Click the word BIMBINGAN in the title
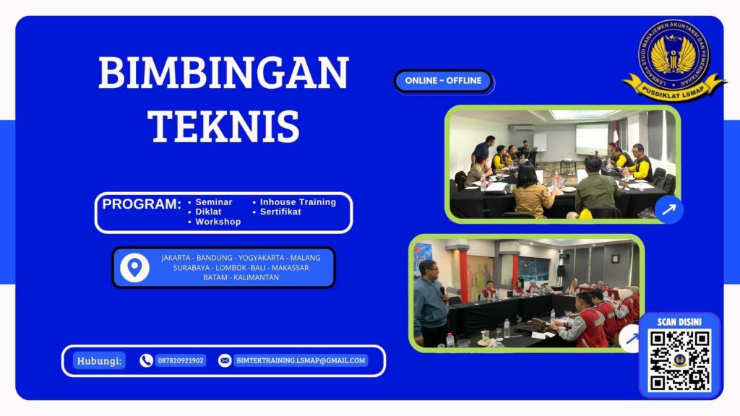(223, 73)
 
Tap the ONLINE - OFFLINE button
(443, 81)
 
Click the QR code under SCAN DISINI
(679, 360)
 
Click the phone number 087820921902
(181, 360)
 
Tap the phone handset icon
(146, 360)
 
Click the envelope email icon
(225, 360)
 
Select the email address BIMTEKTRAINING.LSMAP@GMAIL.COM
(301, 360)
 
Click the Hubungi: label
(99, 360)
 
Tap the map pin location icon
(134, 268)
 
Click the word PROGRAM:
(141, 204)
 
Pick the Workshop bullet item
(218, 222)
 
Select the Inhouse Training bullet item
(298, 202)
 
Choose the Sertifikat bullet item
(280, 212)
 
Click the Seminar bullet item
(213, 202)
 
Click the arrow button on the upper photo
(668, 209)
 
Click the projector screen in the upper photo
(591, 136)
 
